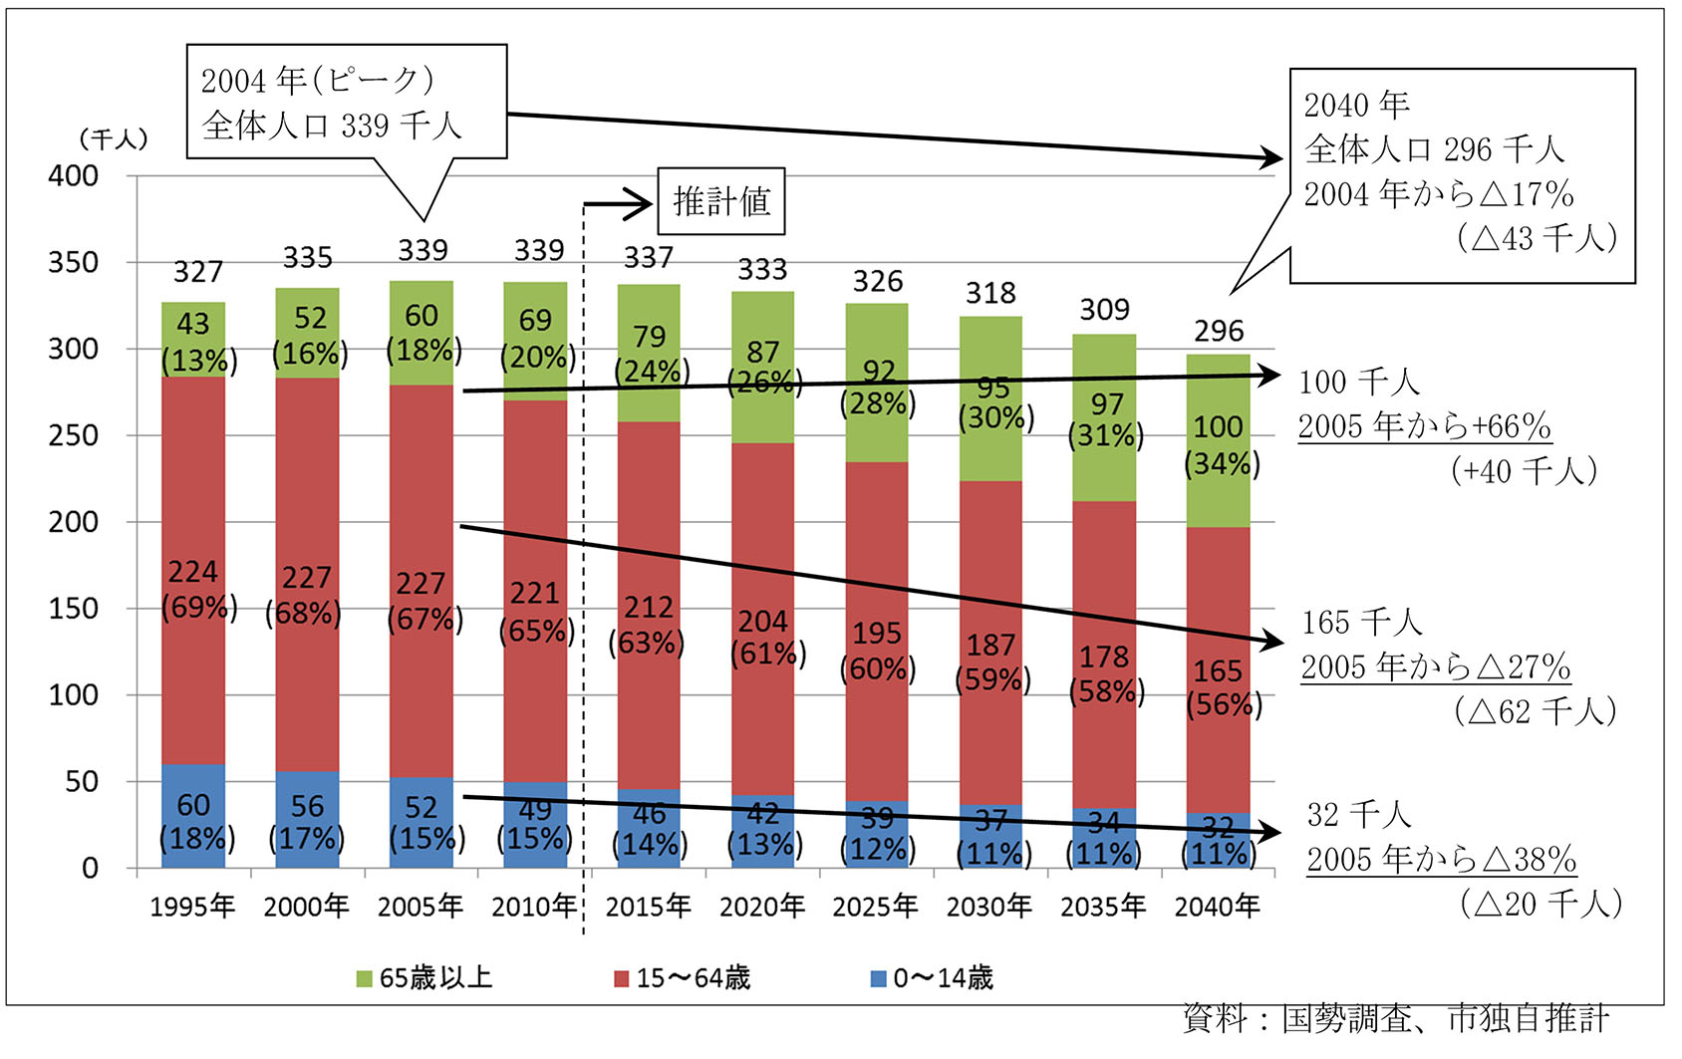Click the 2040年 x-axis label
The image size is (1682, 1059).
coord(1217,906)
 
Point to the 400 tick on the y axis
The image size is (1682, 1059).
coord(74,176)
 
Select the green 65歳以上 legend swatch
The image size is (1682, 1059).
coord(364,978)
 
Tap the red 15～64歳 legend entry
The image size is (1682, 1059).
coord(683,978)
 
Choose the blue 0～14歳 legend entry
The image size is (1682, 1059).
coord(932,978)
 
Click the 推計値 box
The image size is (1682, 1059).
coord(721,201)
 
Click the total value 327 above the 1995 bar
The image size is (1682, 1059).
coord(197,271)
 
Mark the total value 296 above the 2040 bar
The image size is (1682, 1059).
coord(1219,331)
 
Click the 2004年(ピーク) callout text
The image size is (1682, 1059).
coord(318,81)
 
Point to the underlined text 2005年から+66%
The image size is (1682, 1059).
coord(1424,426)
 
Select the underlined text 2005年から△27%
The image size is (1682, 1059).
coord(1435,666)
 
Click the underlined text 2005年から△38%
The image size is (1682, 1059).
coord(1441,859)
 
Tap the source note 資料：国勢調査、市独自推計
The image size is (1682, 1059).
coord(1395,1018)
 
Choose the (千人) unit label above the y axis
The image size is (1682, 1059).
coord(114,138)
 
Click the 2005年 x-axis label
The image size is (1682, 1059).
coord(420,906)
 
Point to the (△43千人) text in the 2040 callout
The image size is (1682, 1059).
coord(1536,238)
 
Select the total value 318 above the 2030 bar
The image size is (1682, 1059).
coord(990,293)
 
